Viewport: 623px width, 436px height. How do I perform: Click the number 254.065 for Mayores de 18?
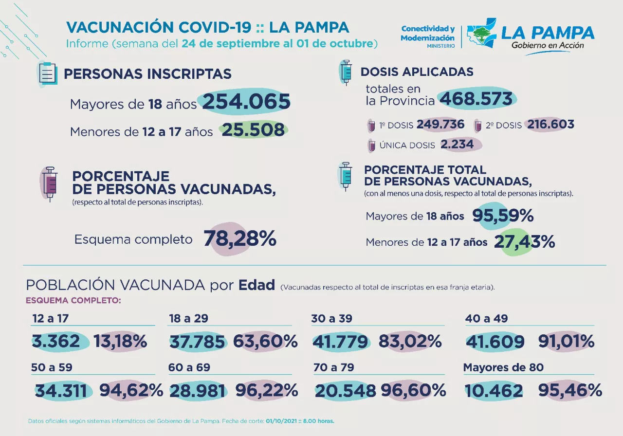246,102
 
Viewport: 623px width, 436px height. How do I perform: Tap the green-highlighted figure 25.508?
253,130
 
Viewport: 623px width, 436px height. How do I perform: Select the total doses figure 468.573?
476,99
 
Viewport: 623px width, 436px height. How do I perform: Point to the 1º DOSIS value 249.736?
440,125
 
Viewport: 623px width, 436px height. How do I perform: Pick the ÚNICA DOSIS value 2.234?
457,145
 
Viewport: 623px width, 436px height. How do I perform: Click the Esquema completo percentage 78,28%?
240,239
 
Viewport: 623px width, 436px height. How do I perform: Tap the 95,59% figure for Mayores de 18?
503,216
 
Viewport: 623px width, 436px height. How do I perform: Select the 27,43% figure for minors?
524,241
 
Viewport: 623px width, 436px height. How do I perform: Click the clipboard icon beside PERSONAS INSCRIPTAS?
47,74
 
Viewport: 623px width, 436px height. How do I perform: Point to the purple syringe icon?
49,183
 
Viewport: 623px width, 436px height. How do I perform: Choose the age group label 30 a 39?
332,319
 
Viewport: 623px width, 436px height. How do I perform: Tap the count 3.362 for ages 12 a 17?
56,342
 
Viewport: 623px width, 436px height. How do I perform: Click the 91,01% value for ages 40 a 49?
566,342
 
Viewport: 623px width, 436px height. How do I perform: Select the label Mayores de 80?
503,367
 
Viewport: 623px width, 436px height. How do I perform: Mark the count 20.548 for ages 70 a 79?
346,390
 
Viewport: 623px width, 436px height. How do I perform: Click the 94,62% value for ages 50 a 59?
131,390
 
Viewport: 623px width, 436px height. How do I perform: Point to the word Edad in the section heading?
257,285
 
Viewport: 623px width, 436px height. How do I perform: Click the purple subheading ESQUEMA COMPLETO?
73,300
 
